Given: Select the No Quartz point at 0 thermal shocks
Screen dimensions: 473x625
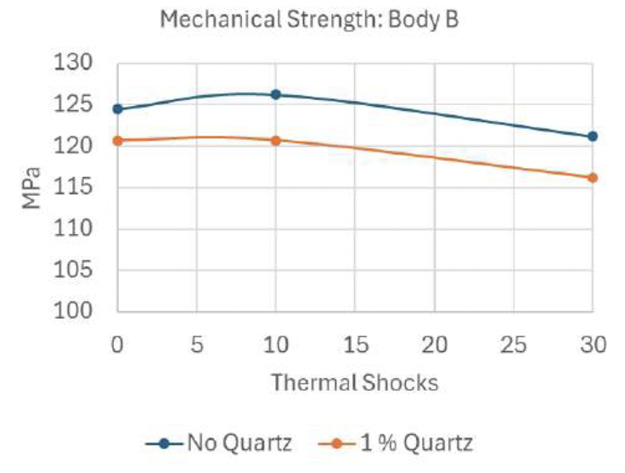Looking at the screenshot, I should [x=118, y=109].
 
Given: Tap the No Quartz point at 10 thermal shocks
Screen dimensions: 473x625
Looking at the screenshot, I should [x=276, y=94].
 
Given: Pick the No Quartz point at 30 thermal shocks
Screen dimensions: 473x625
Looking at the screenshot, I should [x=593, y=136].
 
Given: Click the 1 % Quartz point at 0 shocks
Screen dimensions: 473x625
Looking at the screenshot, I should [x=118, y=140].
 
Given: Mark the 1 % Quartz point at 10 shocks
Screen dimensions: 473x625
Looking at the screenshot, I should [x=276, y=140].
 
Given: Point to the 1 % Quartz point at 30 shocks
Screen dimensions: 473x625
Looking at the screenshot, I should [x=593, y=177].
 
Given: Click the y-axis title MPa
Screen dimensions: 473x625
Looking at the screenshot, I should [x=31, y=188].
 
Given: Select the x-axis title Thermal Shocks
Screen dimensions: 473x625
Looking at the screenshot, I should [x=355, y=382].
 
